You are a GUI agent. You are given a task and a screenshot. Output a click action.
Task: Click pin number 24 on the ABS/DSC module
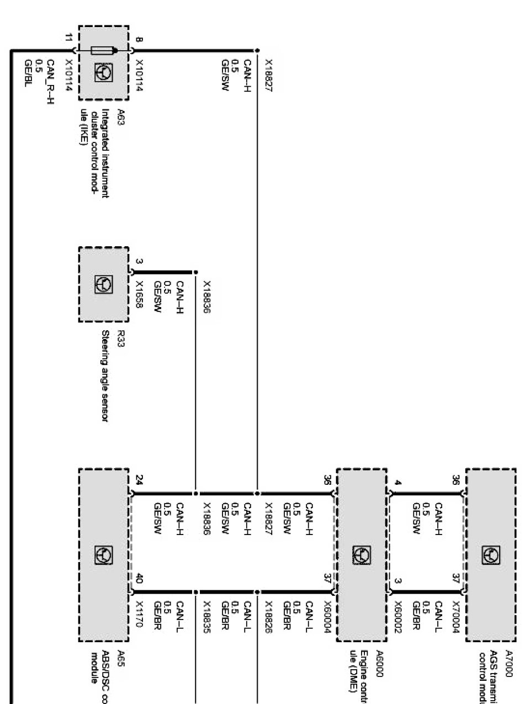[x=139, y=479]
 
